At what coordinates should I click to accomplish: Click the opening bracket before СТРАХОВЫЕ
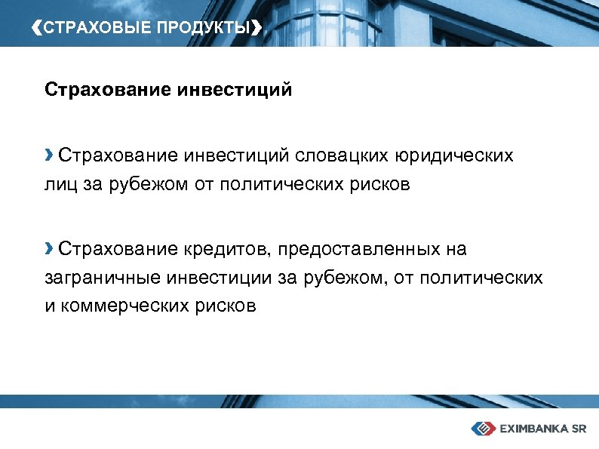coord(39,29)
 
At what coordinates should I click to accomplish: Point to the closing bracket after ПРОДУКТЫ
coord(258,29)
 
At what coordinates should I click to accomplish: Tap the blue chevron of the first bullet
coord(49,155)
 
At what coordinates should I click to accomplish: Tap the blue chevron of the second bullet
coord(49,248)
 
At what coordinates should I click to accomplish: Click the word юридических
coord(456,156)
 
